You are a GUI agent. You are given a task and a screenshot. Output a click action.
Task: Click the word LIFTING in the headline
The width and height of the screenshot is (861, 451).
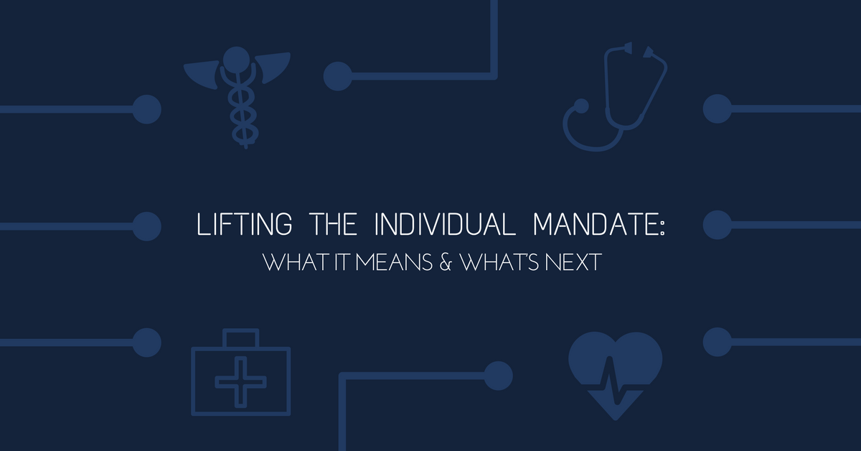coord(245,224)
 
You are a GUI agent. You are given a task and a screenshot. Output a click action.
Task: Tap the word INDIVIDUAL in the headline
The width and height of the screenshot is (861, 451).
coord(445,224)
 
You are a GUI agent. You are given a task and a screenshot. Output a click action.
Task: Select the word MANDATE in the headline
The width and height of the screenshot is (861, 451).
coord(595,224)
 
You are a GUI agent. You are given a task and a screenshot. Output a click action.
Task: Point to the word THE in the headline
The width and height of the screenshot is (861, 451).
coord(333,224)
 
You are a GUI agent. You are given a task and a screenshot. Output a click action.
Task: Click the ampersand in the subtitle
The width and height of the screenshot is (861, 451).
coord(445,262)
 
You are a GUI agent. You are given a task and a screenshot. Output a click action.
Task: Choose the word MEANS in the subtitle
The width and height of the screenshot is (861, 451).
coord(394,262)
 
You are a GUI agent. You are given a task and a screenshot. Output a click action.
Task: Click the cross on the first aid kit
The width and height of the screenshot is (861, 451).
coord(240,382)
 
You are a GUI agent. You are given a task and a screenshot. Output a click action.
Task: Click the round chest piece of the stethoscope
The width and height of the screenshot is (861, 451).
coord(580,106)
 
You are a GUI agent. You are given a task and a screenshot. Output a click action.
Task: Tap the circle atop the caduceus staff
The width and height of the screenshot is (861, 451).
coord(236,60)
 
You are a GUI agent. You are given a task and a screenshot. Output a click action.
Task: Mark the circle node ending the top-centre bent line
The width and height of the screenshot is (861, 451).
coord(337,76)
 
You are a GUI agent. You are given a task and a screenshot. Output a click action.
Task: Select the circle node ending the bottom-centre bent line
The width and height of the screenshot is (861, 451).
coord(498,376)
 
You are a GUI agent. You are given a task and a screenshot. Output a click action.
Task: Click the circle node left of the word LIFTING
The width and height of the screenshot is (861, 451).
coord(147,226)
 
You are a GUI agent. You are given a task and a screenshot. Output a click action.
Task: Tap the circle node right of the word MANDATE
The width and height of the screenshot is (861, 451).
coord(717,225)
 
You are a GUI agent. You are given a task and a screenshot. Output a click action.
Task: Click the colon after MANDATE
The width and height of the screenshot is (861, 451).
coord(662,226)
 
